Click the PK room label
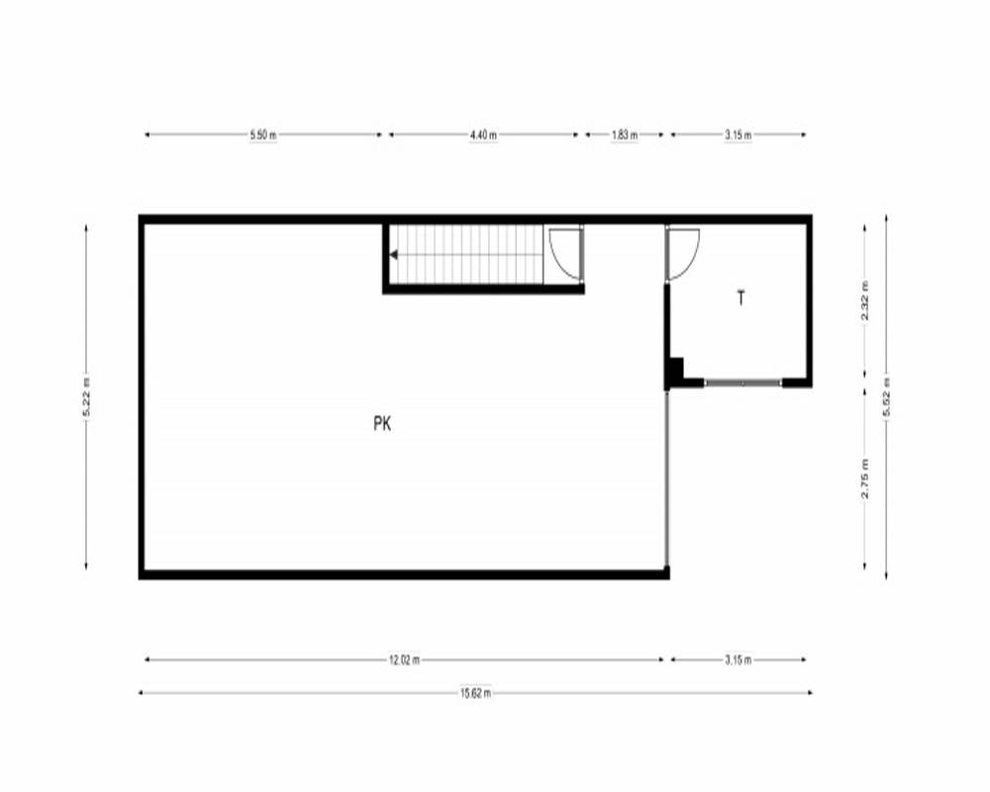pos(382,423)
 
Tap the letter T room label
pos(742,298)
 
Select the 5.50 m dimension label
pos(263,135)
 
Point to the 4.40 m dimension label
pos(483,135)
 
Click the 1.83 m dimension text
pos(625,135)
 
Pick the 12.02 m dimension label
pos(404,660)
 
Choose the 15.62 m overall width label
pos(475,693)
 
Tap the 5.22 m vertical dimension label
pos(86,397)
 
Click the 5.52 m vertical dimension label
pos(886,397)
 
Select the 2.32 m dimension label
pos(865,301)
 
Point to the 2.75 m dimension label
pos(865,478)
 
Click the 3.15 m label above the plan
pos(739,135)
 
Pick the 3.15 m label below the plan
pos(739,660)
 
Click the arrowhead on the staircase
pos(393,255)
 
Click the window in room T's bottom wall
pos(743,383)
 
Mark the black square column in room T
pos(676,368)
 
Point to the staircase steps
pos(467,254)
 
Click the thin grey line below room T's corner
pos(666,478)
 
